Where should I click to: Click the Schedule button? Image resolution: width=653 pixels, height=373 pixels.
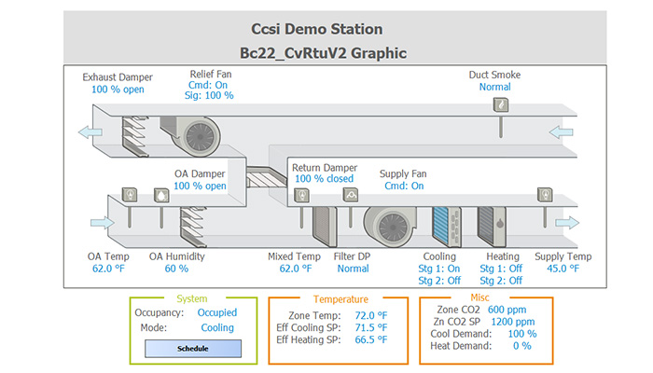tap(193, 349)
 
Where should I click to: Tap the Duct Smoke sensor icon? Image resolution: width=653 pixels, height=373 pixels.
tap(501, 104)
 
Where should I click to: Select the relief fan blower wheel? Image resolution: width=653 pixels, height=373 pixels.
tap(200, 136)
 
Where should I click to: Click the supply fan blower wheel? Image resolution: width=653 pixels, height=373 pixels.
tap(393, 228)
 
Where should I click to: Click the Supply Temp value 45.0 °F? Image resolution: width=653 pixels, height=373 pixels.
tap(563, 269)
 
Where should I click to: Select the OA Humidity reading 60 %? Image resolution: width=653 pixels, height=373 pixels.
tap(176, 269)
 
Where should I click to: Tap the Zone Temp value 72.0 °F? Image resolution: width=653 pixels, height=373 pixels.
tap(370, 315)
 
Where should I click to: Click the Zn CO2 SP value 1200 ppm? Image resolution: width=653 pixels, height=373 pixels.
tap(513, 322)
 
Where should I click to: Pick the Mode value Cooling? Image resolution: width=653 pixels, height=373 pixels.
tap(217, 327)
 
